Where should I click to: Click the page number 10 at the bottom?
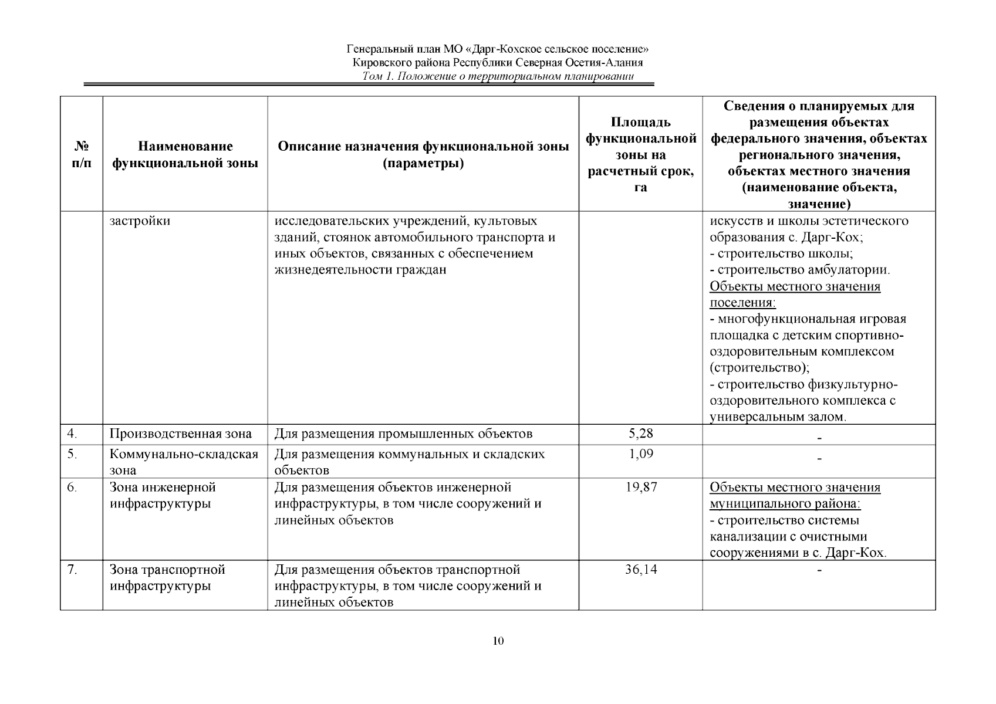click(x=498, y=641)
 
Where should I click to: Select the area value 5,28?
click(x=640, y=434)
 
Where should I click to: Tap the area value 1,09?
click(x=640, y=453)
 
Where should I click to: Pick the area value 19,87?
click(x=640, y=487)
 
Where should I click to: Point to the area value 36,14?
click(x=640, y=570)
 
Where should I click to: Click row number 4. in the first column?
click(x=72, y=434)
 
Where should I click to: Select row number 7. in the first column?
click(x=72, y=570)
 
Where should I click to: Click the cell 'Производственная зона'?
click(x=180, y=434)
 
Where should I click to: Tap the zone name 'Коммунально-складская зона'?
click(x=184, y=462)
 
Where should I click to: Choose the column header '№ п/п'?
click(x=81, y=154)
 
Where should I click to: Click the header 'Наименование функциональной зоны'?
click(x=185, y=154)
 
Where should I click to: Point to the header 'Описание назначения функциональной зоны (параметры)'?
click(x=423, y=154)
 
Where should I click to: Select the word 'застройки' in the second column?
click(x=140, y=221)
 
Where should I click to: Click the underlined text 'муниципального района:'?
click(x=785, y=504)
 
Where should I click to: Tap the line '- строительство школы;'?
click(x=781, y=253)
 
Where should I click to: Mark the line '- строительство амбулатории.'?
click(x=800, y=270)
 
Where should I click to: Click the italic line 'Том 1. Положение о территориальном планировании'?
click(x=498, y=76)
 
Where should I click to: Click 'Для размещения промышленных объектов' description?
click(x=403, y=434)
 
